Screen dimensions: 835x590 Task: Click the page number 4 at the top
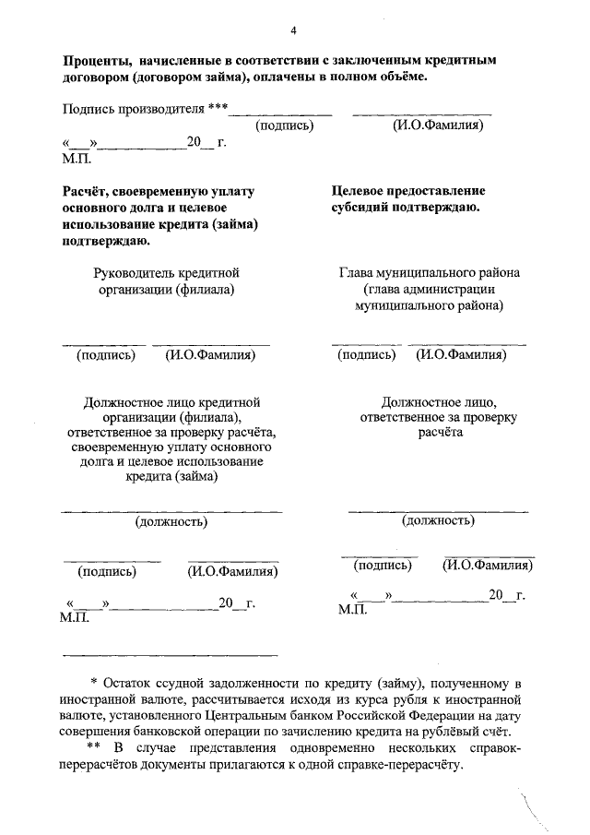click(x=293, y=31)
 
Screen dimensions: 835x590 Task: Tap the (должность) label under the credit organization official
click(x=171, y=521)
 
